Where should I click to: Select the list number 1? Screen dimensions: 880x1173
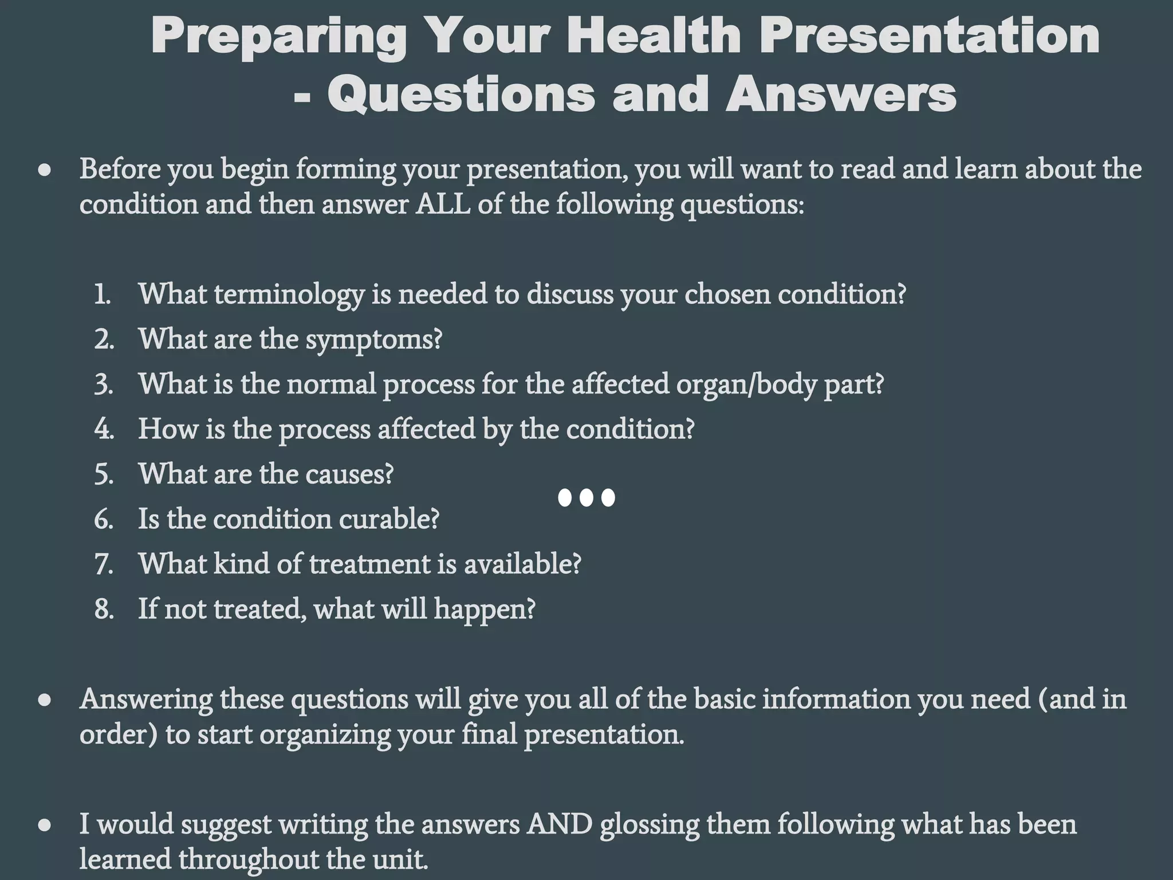point(103,294)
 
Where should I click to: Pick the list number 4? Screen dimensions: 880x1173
point(104,429)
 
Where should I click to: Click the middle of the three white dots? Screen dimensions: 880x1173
point(586,497)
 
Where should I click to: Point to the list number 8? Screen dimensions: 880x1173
point(104,609)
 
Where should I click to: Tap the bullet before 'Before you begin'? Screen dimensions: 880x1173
point(45,171)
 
